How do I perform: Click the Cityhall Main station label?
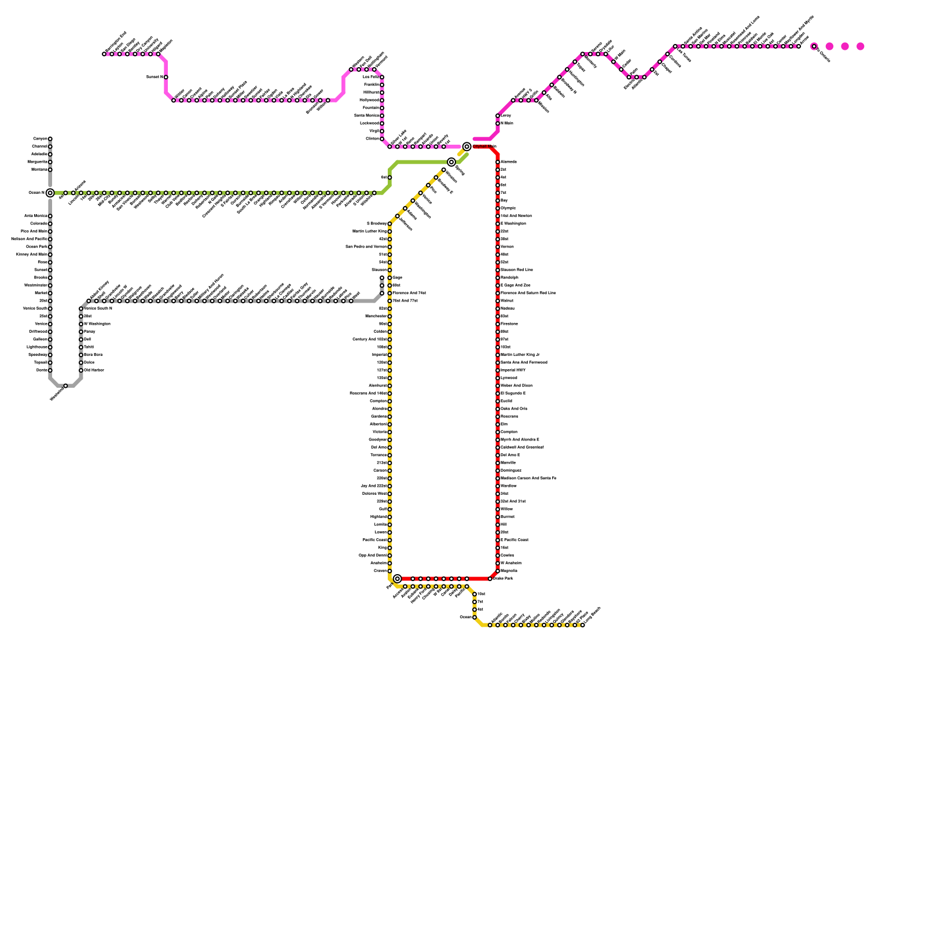click(484, 146)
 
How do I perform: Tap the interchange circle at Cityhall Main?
click(467, 146)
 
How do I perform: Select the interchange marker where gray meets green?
click(50, 193)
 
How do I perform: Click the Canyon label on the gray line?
click(41, 139)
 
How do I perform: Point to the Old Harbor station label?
click(94, 370)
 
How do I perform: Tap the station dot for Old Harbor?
click(81, 370)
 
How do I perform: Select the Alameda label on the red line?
click(508, 162)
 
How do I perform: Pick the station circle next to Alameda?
click(498, 162)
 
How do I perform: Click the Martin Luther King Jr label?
click(520, 355)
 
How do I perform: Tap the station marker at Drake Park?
click(490, 579)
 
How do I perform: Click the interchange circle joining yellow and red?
click(398, 579)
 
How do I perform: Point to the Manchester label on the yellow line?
click(376, 317)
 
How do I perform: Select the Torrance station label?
click(379, 455)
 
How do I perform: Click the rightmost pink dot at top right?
click(861, 46)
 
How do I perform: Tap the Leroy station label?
click(505, 116)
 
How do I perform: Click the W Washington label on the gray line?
click(97, 324)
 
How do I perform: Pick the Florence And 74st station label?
click(409, 293)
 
